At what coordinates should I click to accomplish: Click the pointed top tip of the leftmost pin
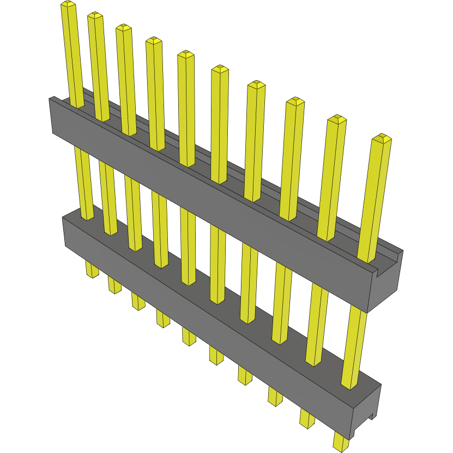point(68,4)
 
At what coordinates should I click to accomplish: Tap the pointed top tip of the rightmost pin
point(382,137)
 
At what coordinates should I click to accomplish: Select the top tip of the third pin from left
point(124,27)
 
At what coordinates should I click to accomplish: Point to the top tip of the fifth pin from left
point(186,54)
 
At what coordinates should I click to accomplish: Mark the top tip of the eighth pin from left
point(295,101)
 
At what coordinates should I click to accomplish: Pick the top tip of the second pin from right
point(336,118)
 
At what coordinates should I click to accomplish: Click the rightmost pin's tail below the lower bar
point(340,442)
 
